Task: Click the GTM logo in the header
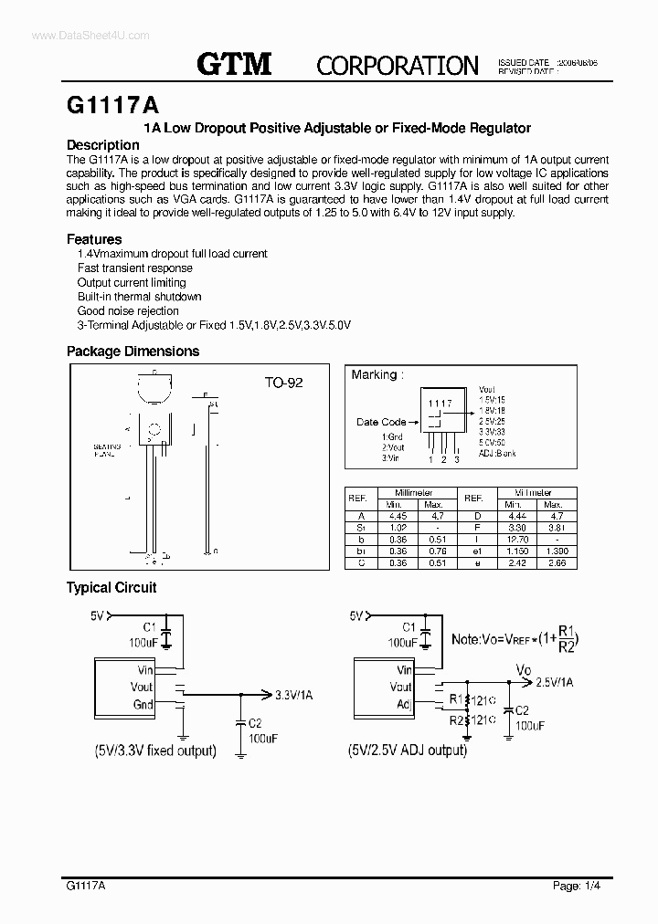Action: pyautogui.click(x=235, y=63)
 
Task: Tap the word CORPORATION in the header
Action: pyautogui.click(x=397, y=65)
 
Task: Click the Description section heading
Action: pyautogui.click(x=103, y=145)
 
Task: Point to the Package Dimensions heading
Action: pyautogui.click(x=133, y=352)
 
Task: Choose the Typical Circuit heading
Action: pyautogui.click(x=111, y=588)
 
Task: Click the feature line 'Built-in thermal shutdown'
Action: pyautogui.click(x=140, y=297)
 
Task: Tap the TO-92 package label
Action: pyautogui.click(x=283, y=383)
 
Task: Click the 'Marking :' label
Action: pyautogui.click(x=375, y=374)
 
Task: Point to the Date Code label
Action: pyautogui.click(x=381, y=422)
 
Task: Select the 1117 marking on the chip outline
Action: pyautogui.click(x=440, y=403)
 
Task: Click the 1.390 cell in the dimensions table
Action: pyautogui.click(x=554, y=551)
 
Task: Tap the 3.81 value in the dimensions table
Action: pyautogui.click(x=554, y=527)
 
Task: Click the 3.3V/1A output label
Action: pyautogui.click(x=293, y=695)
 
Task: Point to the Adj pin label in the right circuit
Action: pyautogui.click(x=403, y=704)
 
